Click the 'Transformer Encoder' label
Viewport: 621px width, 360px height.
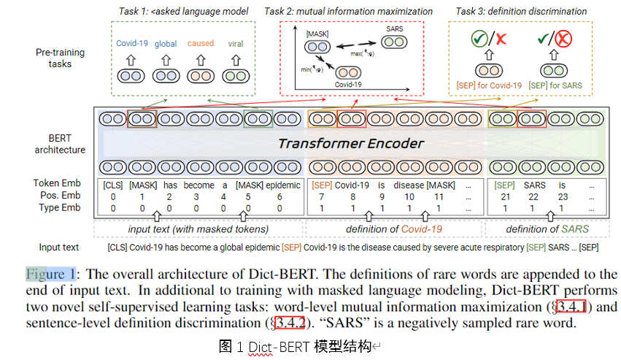coord(350,144)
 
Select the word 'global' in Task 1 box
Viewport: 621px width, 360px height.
coord(166,44)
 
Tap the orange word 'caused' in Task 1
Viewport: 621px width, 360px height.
coord(200,44)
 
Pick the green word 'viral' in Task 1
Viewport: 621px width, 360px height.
coord(236,44)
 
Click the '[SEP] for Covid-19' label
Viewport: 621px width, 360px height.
coord(489,85)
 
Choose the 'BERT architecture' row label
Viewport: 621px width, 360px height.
coord(60,144)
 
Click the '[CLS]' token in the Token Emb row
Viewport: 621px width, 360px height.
coord(114,185)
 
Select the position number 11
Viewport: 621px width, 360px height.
coord(438,197)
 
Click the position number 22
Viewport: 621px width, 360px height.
coord(533,197)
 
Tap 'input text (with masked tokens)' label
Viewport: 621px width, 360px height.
coord(198,229)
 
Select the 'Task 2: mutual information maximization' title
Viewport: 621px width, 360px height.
coord(348,11)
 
